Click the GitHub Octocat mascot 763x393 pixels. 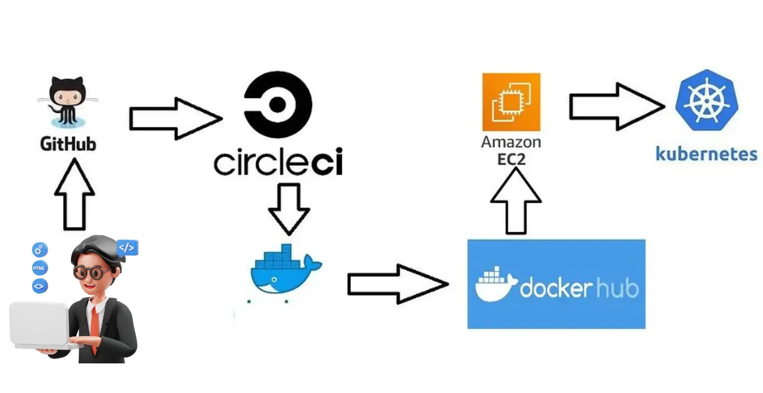pos(67,102)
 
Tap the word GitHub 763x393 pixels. pos(68,144)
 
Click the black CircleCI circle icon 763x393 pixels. pos(278,105)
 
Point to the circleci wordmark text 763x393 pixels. pos(278,162)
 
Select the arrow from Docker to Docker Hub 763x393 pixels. pos(397,284)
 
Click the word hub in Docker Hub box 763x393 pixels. pos(617,288)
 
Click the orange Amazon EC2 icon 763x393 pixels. pos(511,102)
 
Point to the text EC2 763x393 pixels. pos(511,159)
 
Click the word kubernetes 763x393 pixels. pos(706,154)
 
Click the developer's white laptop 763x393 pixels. pos(39,324)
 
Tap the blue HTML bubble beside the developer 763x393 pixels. pos(39,268)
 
